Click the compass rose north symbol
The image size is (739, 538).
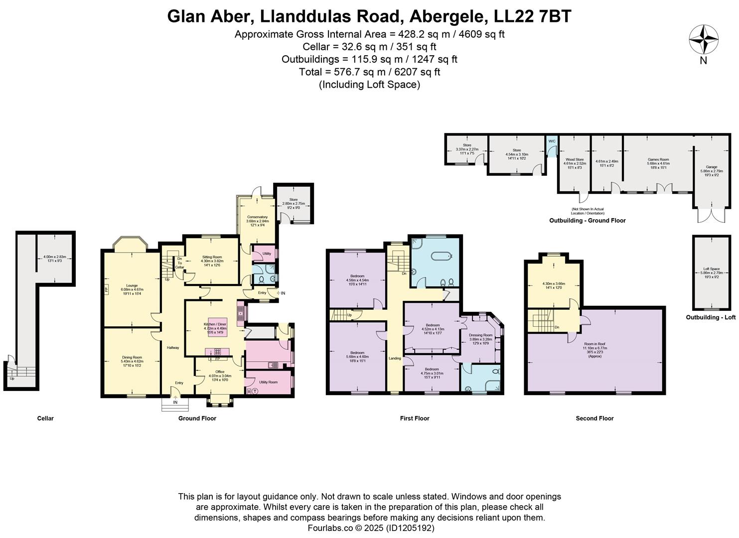[703, 40]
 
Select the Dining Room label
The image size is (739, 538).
[132, 357]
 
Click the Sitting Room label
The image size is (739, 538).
[212, 257]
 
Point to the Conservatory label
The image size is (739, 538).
[257, 217]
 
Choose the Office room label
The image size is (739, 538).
[220, 372]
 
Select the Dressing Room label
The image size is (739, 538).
[480, 335]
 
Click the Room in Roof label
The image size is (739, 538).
[595, 344]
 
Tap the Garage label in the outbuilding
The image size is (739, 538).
[711, 167]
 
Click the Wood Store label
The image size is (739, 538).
[575, 159]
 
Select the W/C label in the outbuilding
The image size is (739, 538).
[552, 141]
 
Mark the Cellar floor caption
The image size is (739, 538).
[45, 418]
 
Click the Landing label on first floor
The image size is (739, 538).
[395, 358]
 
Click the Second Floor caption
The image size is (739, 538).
[594, 418]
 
